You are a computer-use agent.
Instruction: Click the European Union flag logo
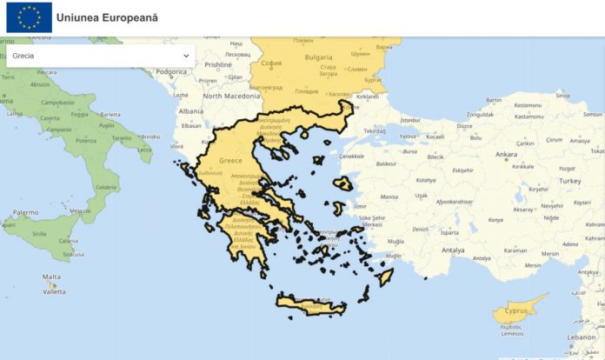click(x=29, y=17)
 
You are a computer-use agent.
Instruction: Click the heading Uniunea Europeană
click(x=107, y=17)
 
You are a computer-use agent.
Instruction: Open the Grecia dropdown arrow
click(x=186, y=56)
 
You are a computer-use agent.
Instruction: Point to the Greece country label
click(x=230, y=161)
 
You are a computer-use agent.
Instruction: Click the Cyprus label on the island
click(x=518, y=310)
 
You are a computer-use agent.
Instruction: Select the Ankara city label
click(x=506, y=154)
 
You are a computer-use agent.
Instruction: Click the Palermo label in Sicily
click(x=25, y=212)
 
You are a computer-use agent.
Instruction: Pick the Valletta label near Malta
click(x=54, y=291)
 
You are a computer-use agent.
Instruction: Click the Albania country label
click(x=190, y=111)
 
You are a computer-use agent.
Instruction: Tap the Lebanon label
click(x=583, y=337)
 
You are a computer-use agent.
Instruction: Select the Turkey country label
click(x=569, y=180)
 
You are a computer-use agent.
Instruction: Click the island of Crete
click(x=309, y=305)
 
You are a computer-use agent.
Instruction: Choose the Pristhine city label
click(x=218, y=64)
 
